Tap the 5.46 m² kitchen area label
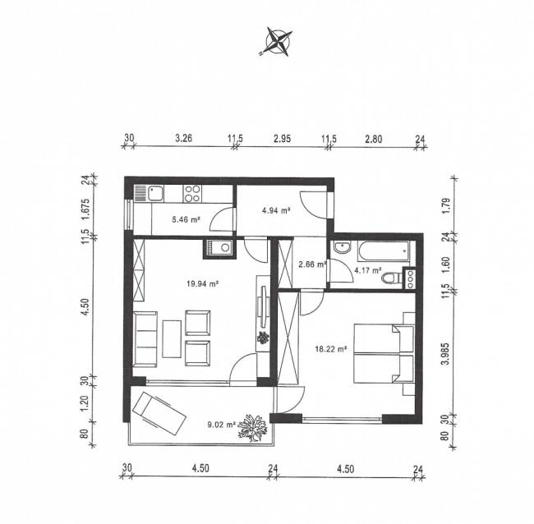click(x=185, y=219)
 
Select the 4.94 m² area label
click(x=276, y=211)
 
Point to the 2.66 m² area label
click(x=313, y=264)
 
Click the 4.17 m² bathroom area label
click(x=367, y=269)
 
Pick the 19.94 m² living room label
click(x=201, y=283)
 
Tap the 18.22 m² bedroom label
click(x=332, y=348)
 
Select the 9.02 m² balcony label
click(x=222, y=425)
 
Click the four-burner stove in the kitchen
click(x=193, y=194)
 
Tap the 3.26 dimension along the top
click(x=183, y=138)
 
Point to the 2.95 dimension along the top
click(x=283, y=138)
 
